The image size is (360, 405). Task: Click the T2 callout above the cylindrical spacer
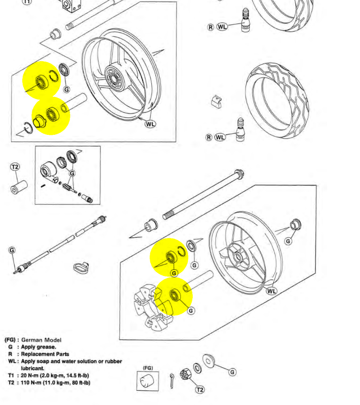coord(15,167)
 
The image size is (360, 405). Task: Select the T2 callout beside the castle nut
coord(200,390)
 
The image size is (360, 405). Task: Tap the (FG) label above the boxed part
coord(148,368)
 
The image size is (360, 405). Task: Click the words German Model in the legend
coord(41,340)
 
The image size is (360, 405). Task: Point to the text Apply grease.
coord(38,347)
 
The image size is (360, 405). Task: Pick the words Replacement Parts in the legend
coord(45,354)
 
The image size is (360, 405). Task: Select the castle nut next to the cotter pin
coord(185,375)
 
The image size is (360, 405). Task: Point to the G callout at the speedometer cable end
coord(12,250)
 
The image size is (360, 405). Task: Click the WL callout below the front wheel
coord(150,124)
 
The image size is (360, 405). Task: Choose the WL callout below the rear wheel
coord(271,291)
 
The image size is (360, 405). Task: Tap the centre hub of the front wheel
coord(114,78)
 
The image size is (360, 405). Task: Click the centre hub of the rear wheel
coord(238,257)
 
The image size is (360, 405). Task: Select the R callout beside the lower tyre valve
coord(209,137)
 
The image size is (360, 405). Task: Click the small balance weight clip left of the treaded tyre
coord(216,102)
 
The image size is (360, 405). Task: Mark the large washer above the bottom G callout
coord(209,360)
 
